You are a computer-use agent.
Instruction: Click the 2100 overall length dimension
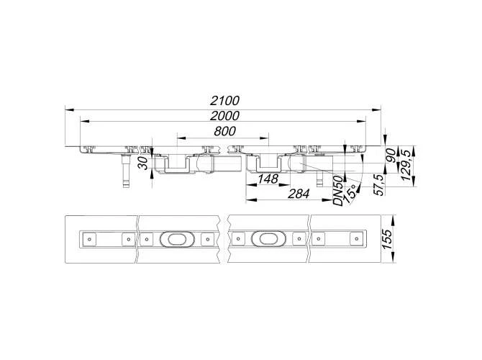click(224, 101)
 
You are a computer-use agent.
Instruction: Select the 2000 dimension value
click(224, 116)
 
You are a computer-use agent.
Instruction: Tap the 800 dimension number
click(225, 131)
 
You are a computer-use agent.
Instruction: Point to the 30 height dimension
click(144, 163)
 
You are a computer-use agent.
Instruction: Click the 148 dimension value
click(268, 179)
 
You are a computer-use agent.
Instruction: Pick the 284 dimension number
click(299, 194)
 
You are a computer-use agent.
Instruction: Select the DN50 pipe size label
click(338, 191)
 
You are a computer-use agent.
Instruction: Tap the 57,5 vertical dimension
click(380, 184)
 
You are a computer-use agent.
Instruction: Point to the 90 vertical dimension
click(391, 156)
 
